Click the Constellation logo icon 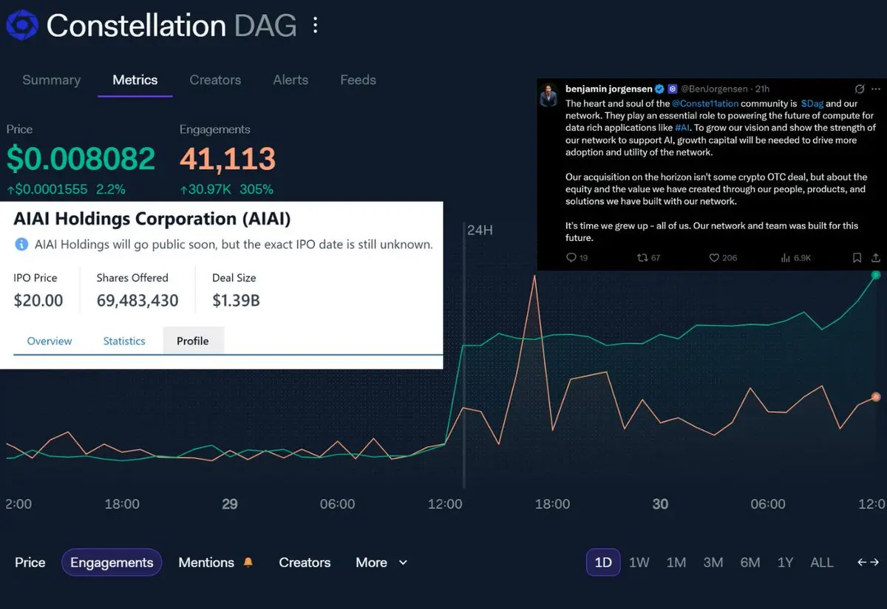click(21, 26)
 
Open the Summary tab click(51, 80)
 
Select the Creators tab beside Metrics click(215, 80)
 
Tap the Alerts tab click(290, 80)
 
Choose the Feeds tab click(358, 80)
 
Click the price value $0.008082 click(81, 159)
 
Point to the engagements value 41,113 click(228, 159)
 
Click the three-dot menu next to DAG click(316, 26)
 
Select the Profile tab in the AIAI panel click(192, 341)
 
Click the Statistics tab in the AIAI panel click(124, 341)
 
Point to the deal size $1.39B click(236, 301)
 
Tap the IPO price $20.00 click(38, 301)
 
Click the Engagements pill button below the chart click(112, 562)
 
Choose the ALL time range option click(822, 562)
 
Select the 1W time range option click(639, 562)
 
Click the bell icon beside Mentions click(248, 562)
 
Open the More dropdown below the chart click(381, 562)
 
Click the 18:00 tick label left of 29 click(122, 504)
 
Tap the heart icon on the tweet click(714, 258)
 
